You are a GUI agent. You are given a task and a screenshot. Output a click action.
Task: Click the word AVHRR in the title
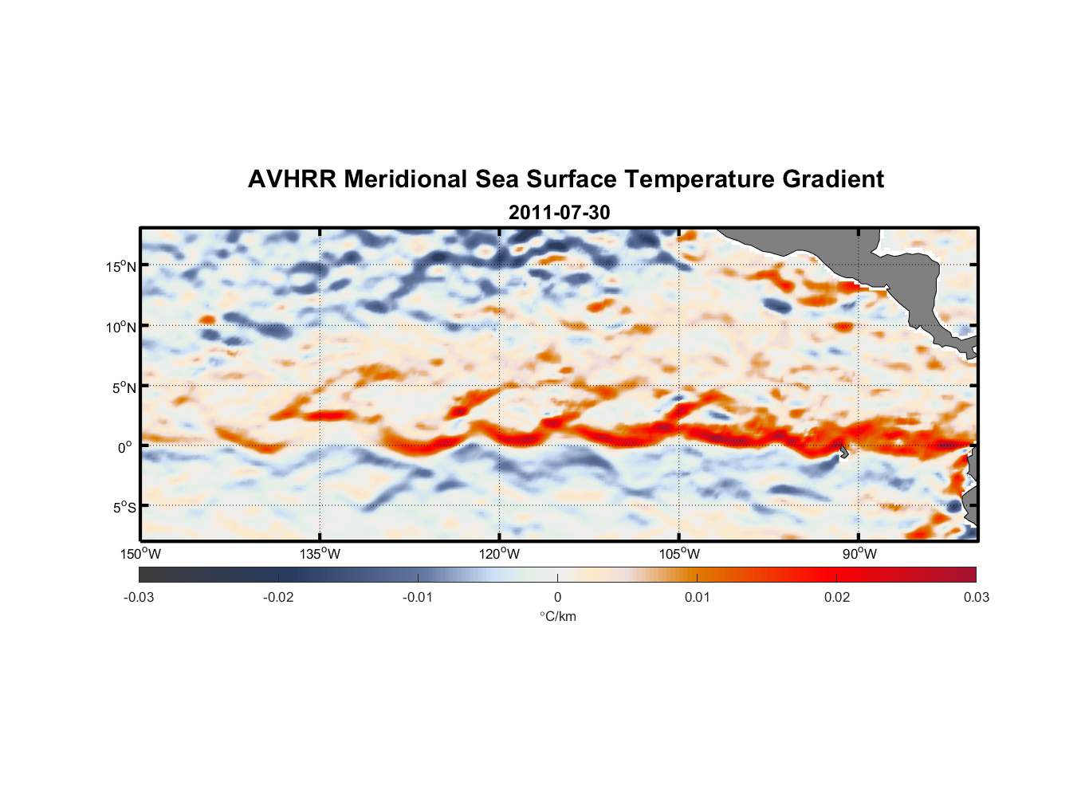click(292, 179)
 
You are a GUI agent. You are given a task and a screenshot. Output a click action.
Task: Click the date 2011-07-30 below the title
click(559, 213)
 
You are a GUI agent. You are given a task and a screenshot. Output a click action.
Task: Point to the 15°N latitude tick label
click(121, 267)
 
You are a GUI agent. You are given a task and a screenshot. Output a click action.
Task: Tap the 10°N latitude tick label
click(121, 328)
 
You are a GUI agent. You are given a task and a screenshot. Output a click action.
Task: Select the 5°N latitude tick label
click(124, 388)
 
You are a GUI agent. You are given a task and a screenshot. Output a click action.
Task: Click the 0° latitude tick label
click(125, 448)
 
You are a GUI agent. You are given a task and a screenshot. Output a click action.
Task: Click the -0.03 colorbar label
click(139, 598)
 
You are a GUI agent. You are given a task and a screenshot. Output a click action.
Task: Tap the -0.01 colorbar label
click(418, 598)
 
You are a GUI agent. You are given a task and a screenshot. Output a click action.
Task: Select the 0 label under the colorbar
click(557, 598)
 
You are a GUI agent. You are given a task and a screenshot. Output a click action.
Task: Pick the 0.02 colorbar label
click(837, 598)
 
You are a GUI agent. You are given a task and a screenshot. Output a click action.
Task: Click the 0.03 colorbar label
click(976, 598)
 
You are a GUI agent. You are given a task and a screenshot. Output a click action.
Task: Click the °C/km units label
click(557, 617)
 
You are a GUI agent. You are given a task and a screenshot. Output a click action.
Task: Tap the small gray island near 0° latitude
click(844, 452)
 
